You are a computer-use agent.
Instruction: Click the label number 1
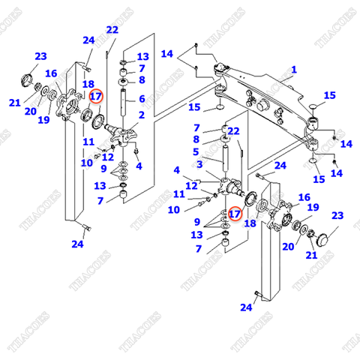coord(294,70)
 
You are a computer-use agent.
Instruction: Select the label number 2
coord(141,115)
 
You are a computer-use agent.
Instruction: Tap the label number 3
coord(200,163)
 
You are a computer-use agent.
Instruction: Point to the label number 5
coord(196,151)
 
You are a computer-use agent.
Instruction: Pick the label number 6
coord(141,97)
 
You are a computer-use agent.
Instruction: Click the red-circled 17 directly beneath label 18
coord(96,96)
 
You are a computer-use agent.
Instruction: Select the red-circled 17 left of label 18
coord(235,214)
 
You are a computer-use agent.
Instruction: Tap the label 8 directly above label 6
coord(141,80)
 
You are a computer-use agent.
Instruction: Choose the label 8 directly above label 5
coord(196,139)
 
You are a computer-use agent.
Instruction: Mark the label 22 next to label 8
coord(233,131)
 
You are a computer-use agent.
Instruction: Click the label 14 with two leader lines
coord(166,53)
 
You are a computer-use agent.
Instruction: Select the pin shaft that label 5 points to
coord(225,158)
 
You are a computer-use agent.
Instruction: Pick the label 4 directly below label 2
coord(139,166)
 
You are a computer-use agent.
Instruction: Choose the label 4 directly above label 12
coord(177,169)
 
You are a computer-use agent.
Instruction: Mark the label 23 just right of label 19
coord(336,216)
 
